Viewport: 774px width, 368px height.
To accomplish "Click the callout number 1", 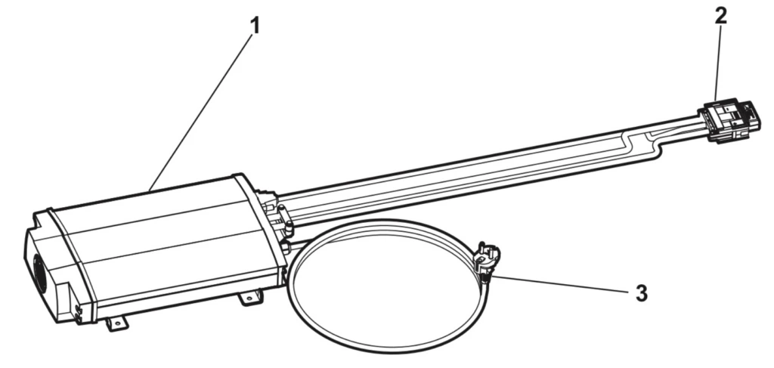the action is click(x=255, y=26).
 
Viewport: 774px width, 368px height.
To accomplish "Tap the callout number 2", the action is click(x=720, y=17).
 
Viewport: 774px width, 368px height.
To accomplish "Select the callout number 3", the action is click(x=641, y=293).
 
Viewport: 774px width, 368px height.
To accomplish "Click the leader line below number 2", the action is click(x=717, y=63).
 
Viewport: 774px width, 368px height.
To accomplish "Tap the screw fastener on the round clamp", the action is click(x=486, y=261).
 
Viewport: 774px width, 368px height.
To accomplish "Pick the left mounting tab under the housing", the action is click(x=117, y=323).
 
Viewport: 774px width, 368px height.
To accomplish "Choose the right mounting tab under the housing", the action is click(x=251, y=298).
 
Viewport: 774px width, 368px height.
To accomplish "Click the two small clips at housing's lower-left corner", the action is click(x=79, y=314).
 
